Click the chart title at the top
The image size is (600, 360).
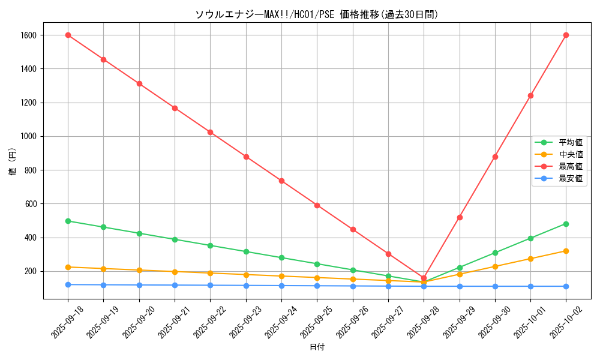[x=317, y=15]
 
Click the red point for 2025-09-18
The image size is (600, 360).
[x=68, y=35]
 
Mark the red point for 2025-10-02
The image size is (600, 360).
[x=566, y=35]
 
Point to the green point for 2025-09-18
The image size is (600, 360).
[x=68, y=221]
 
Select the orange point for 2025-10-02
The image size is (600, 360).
[x=566, y=251]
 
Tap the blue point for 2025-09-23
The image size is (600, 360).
[x=246, y=286]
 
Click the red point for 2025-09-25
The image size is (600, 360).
[x=317, y=205]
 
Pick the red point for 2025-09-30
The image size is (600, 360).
[x=495, y=157]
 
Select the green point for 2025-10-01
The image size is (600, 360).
[x=530, y=238]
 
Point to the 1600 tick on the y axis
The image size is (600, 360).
[x=28, y=35]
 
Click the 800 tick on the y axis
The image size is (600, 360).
[x=31, y=170]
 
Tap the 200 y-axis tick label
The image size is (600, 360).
[x=31, y=271]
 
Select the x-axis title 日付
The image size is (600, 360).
[x=317, y=347]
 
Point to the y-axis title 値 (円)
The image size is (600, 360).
[x=13, y=162]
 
